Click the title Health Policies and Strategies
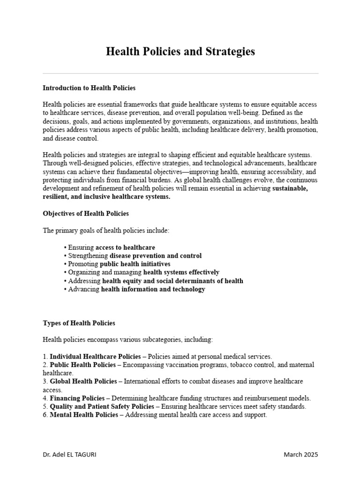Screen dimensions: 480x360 180,52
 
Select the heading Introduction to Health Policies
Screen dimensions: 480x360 89,88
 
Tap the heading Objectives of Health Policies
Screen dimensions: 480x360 86,213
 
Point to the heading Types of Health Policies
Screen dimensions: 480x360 79,323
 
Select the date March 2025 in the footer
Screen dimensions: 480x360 301,455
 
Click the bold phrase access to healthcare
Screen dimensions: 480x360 125,247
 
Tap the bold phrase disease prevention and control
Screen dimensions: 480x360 156,255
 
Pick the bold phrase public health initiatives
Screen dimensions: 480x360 135,264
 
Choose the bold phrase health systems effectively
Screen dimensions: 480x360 181,272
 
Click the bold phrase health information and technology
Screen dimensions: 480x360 153,289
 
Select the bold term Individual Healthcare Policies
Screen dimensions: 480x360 95,356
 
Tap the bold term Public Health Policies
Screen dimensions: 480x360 82,365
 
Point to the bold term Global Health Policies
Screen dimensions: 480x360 83,382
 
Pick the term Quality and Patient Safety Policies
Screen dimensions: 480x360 102,407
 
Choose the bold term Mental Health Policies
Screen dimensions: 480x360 84,415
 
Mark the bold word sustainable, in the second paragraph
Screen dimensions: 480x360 290,188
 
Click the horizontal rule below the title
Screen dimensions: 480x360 180,74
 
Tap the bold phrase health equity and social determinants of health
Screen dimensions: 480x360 172,281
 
